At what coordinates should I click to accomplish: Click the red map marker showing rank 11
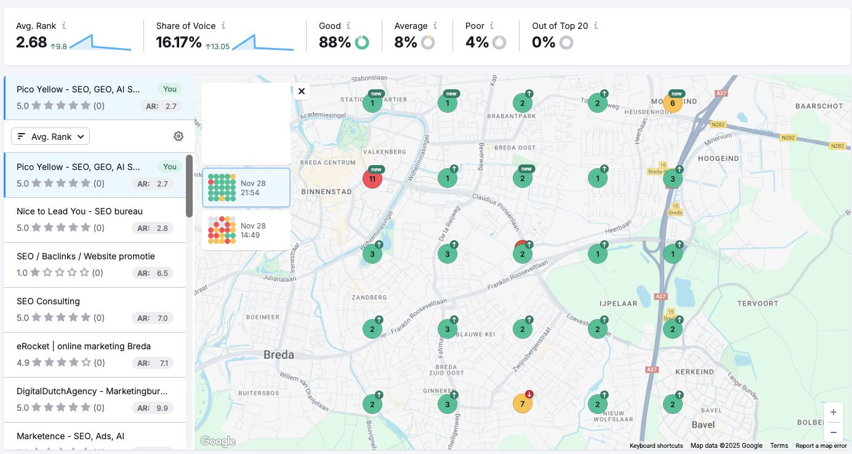point(372,179)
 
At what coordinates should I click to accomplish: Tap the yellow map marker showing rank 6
point(672,103)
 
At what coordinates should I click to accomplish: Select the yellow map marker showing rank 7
point(522,404)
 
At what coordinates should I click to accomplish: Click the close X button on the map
point(301,91)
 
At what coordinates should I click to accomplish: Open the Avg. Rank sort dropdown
point(50,137)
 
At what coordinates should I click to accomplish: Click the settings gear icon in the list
point(179,137)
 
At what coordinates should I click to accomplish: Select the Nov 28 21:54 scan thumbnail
point(246,188)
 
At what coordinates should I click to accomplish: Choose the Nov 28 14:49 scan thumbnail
point(246,230)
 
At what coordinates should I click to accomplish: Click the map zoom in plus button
point(833,412)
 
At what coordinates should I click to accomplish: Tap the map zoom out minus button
point(833,432)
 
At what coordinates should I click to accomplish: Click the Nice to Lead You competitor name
point(79,211)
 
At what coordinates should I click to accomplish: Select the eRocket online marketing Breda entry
point(84,346)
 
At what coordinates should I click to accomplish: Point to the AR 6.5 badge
point(153,273)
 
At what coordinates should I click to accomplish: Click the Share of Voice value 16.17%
point(179,43)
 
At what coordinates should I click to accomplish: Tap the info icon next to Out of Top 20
point(596,26)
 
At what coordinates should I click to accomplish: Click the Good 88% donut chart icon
point(362,43)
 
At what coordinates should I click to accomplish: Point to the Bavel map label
point(703,424)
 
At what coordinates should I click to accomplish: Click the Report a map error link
point(821,445)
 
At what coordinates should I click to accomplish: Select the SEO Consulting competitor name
point(48,301)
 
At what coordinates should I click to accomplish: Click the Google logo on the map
point(218,441)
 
